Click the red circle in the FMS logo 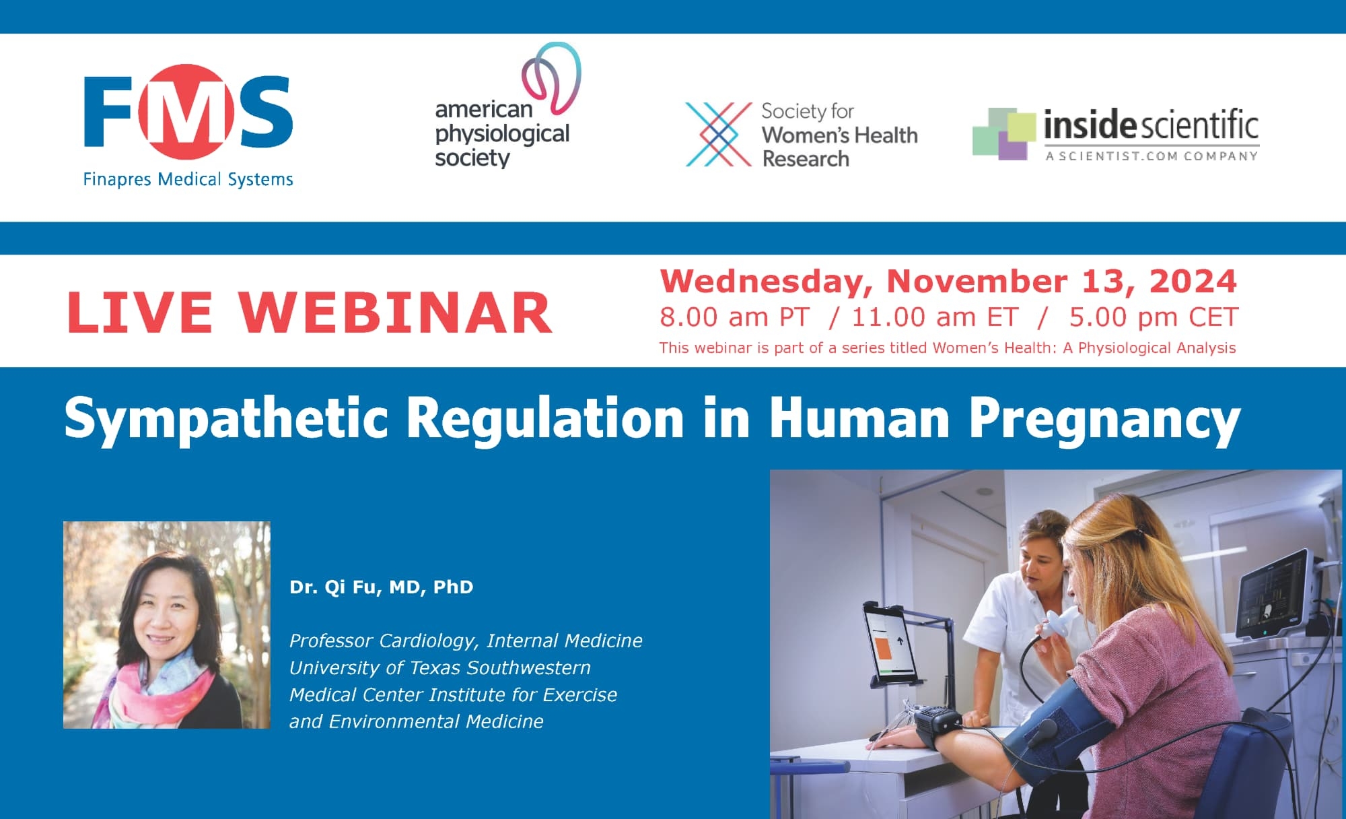click(187, 112)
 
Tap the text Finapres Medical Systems click(188, 179)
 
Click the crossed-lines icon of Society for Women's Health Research click(719, 134)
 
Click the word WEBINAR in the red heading click(396, 313)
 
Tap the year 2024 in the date click(1193, 281)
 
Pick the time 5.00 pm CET click(1154, 317)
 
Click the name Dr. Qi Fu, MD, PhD click(382, 587)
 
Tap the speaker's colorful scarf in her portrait click(158, 694)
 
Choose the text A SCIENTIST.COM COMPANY click(1152, 156)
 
